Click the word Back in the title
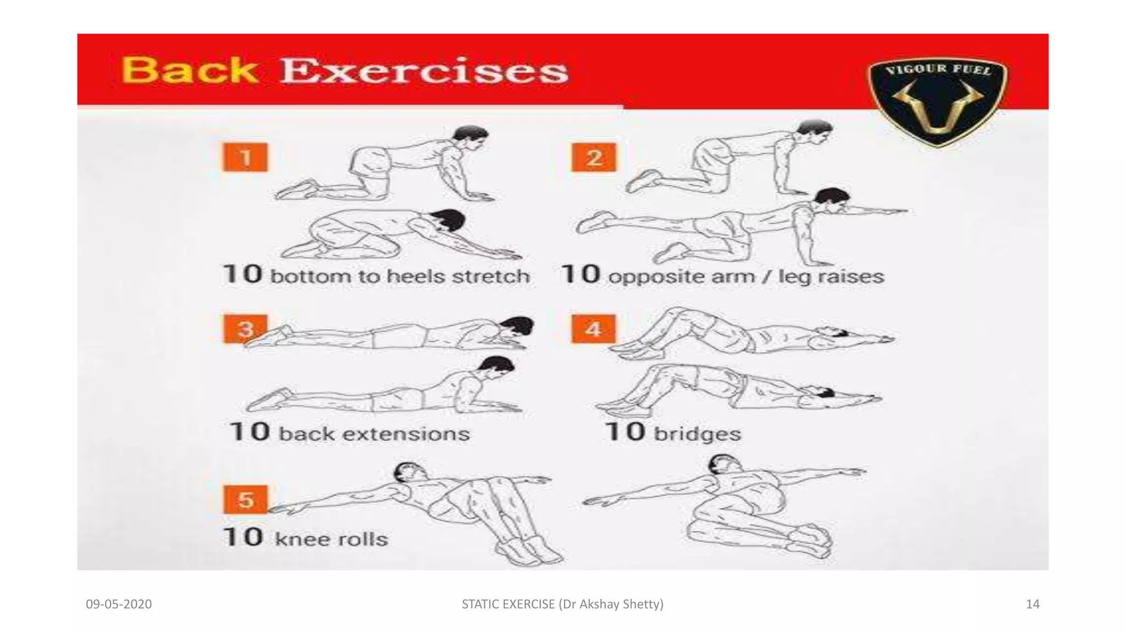[190, 71]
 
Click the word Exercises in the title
[423, 71]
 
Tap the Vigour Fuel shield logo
[937, 102]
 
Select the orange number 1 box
[245, 158]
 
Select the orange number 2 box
[594, 158]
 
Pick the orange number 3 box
[245, 329]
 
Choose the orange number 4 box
[593, 329]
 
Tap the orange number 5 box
[245, 499]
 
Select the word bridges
[697, 434]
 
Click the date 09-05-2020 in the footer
[119, 604]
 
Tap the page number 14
[1033, 604]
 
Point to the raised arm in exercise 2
[874, 210]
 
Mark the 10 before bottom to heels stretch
[242, 274]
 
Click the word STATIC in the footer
[481, 604]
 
